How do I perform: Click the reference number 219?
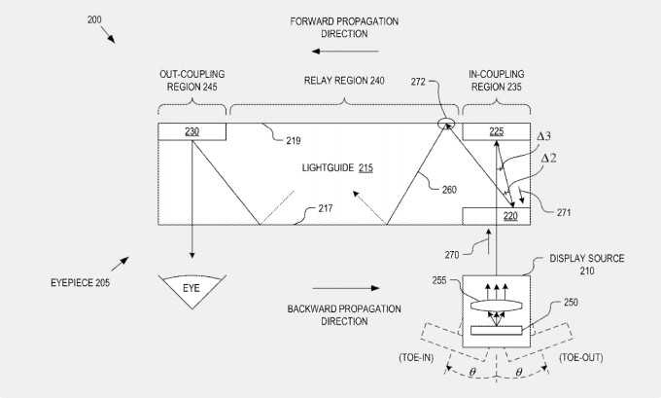point(294,141)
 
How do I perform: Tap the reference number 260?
point(449,191)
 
